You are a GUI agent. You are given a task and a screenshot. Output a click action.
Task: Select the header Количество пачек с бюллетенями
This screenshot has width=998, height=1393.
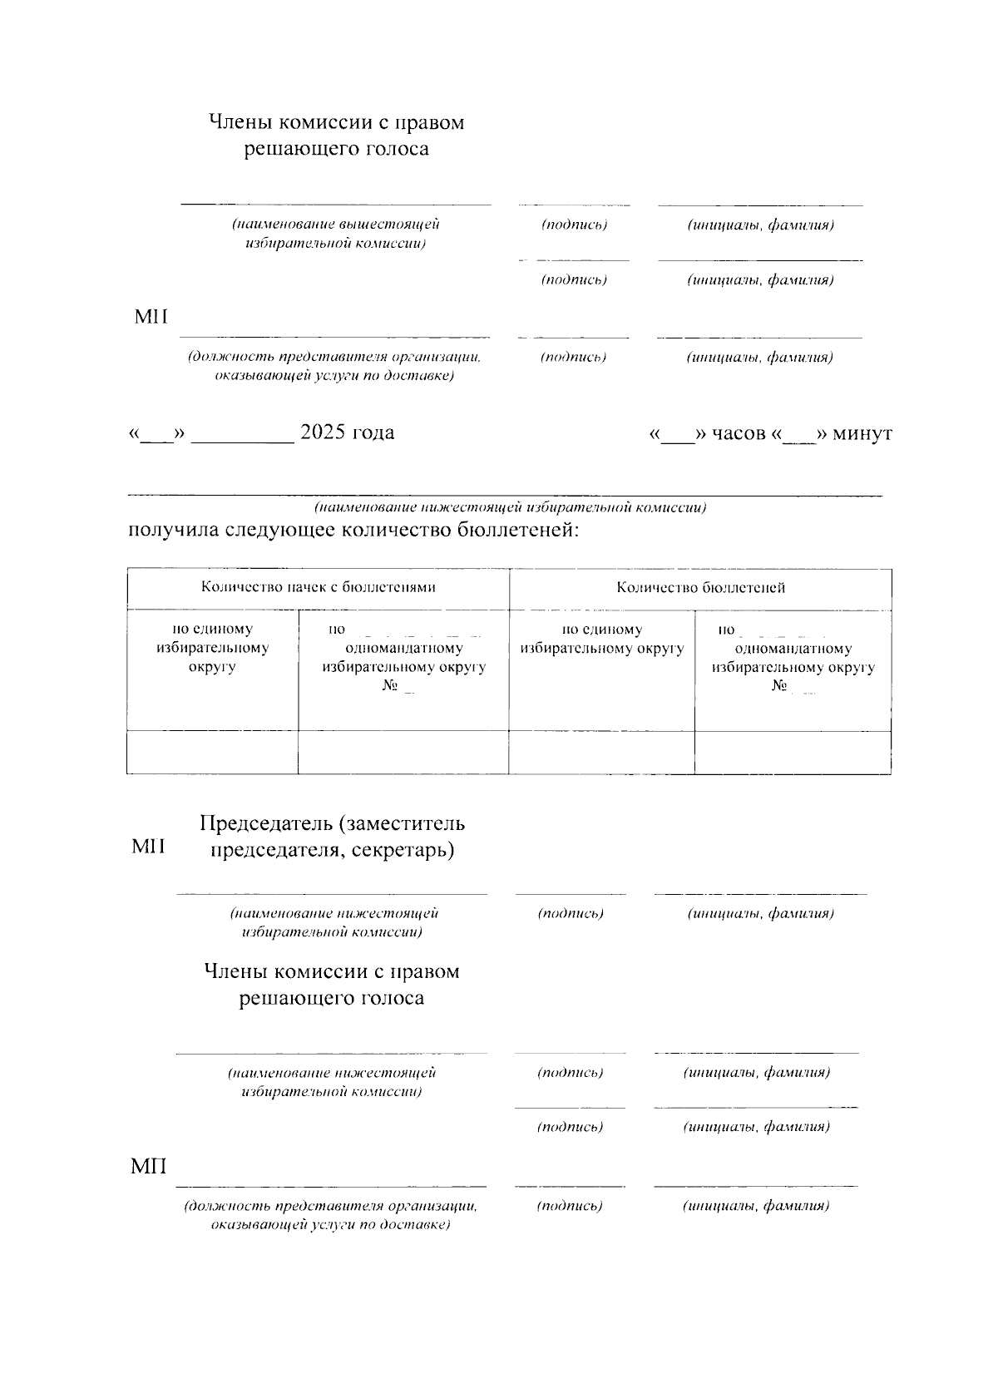pos(319,587)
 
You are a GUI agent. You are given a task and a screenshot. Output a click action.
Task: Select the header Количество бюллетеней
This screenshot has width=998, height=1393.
pos(700,587)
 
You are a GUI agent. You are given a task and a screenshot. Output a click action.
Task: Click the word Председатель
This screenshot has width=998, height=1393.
pos(266,823)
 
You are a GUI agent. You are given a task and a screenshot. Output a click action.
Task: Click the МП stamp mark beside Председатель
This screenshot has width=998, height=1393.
pos(149,847)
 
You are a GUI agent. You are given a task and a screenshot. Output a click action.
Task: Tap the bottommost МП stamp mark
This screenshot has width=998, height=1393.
pos(149,1167)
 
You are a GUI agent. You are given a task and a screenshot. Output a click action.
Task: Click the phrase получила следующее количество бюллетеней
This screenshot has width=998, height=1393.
pos(353,530)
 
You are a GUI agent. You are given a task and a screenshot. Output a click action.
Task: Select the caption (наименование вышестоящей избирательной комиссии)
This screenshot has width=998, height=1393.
pos(336,234)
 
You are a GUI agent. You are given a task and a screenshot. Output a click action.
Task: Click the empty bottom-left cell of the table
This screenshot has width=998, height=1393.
pos(212,753)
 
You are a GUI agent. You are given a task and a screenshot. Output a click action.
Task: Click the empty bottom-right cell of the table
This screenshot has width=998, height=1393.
pos(793,753)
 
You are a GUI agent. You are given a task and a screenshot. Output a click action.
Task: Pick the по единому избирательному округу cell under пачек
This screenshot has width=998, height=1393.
pos(212,648)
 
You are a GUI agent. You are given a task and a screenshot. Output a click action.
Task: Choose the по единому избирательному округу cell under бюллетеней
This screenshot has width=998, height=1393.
pos(601,639)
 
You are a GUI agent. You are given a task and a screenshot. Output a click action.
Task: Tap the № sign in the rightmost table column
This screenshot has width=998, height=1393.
pos(779,686)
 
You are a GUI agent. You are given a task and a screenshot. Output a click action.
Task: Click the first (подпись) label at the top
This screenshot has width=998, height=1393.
pos(574,225)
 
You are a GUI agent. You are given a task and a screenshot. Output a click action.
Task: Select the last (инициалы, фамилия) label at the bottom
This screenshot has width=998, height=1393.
pos(756,1206)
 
